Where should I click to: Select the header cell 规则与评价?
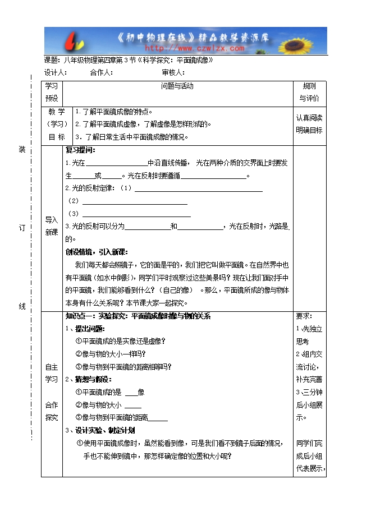click(309, 92)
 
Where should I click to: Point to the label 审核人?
click(173, 72)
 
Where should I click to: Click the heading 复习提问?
click(81, 150)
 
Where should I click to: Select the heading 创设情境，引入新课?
click(97, 252)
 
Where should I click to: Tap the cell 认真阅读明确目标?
click(309, 124)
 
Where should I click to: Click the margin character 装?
click(22, 149)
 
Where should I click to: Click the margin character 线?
click(22, 306)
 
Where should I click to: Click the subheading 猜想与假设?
click(90, 380)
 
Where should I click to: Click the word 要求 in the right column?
click(304, 316)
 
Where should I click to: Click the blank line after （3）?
click(136, 214)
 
